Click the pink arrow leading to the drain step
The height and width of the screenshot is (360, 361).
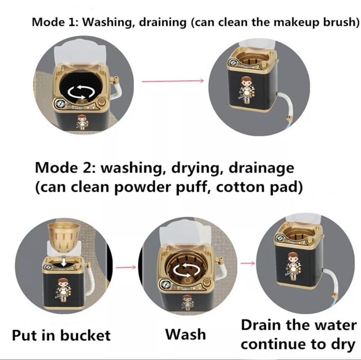pyautogui.click(x=247, y=263)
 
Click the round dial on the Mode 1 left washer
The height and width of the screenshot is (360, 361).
pyautogui.click(x=59, y=104)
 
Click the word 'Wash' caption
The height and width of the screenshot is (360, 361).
pyautogui.click(x=186, y=334)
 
